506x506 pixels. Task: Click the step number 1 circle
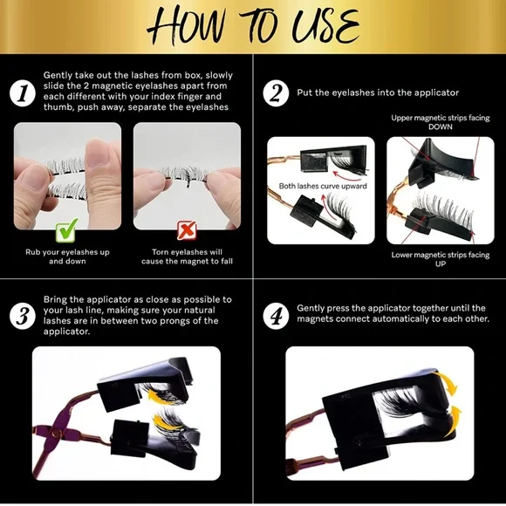click(23, 93)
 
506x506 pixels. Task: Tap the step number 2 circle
click(276, 93)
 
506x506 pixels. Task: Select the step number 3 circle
click(23, 316)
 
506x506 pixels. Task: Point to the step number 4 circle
click(276, 316)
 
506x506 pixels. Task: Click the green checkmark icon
click(67, 230)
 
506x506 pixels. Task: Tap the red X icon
click(187, 230)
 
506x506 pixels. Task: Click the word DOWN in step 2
click(441, 126)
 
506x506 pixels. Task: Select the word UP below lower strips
click(441, 263)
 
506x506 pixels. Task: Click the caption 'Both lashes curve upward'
click(323, 186)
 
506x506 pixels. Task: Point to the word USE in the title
click(325, 26)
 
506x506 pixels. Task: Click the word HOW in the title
click(187, 26)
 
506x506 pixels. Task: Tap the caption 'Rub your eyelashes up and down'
click(67, 256)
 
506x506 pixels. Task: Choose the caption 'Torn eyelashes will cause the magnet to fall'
click(187, 256)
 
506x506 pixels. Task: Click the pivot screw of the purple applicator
click(57, 433)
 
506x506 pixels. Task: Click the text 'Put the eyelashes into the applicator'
click(378, 93)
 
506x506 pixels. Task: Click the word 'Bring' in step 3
click(55, 300)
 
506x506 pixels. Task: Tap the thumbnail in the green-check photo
click(95, 152)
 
